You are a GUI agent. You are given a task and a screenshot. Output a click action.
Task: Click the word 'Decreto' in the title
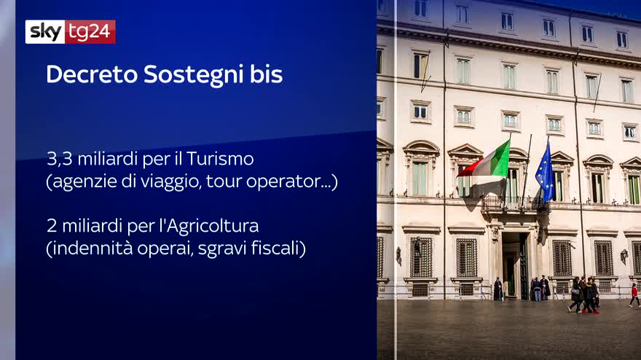[x=92, y=74]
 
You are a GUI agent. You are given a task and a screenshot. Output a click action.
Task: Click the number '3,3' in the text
[x=59, y=159]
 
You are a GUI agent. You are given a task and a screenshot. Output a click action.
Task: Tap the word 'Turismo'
[x=221, y=159]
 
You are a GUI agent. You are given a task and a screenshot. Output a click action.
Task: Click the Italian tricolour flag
[x=487, y=162]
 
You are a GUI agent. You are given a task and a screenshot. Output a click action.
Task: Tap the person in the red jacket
[x=634, y=294]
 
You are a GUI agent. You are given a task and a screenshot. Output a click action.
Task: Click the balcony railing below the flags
[x=516, y=204]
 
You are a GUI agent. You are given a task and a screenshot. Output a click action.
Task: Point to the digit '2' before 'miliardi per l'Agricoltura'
[x=52, y=226]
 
